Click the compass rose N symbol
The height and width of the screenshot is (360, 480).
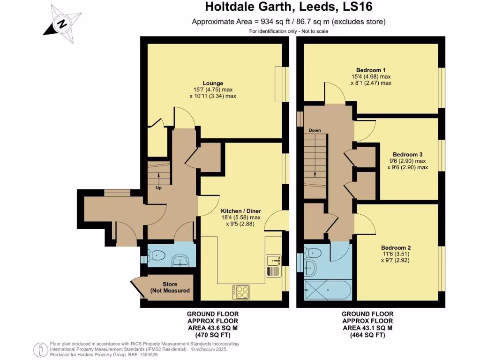(x=61, y=22)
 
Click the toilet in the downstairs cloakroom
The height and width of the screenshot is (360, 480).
(x=156, y=256)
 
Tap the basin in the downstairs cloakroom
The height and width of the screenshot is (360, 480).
(x=181, y=261)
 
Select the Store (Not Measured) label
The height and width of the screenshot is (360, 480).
(x=170, y=287)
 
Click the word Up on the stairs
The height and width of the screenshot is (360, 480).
(x=158, y=188)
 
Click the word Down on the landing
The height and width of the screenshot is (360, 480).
(x=315, y=130)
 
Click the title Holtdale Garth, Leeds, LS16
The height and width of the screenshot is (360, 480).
(x=289, y=7)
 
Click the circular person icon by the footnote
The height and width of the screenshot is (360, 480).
(x=41, y=349)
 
